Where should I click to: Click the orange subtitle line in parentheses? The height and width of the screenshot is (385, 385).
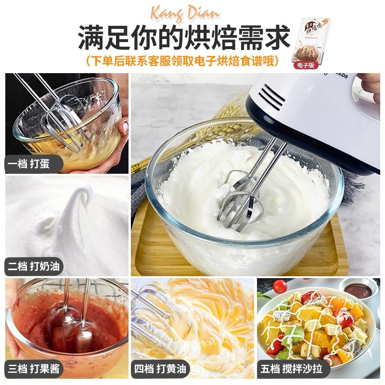pyautogui.click(x=182, y=61)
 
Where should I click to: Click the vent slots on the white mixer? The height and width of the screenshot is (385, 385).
pyautogui.click(x=272, y=96)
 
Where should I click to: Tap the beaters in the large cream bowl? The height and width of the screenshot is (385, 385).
pyautogui.click(x=238, y=197)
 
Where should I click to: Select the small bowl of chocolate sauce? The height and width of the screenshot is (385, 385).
pyautogui.click(x=359, y=290)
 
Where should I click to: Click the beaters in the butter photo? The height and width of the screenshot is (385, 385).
pyautogui.click(x=152, y=313)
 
